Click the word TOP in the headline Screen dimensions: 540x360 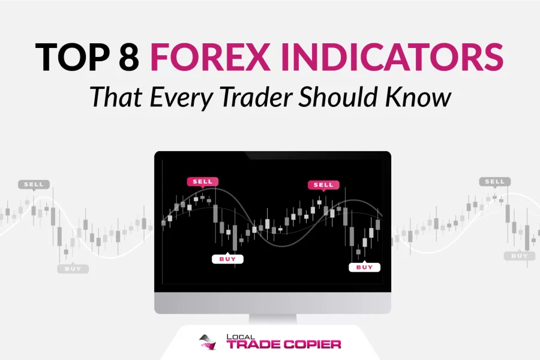coord(73,57)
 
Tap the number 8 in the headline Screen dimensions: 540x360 coord(129,57)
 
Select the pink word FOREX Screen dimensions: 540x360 coord(210,57)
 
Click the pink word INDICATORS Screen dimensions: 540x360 coord(392,57)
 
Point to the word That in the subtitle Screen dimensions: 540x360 coord(116,97)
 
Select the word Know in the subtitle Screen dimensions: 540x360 coord(418,97)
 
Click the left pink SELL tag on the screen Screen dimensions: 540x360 coord(203,182)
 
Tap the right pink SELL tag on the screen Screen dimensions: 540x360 coord(323,185)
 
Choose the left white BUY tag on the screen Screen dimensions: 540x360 coord(227,259)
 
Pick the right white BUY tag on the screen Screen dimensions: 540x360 coord(364,267)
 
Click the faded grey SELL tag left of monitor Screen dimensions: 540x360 coord(34,185)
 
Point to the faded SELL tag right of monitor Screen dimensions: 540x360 coord(495,182)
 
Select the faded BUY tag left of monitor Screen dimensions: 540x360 coord(73,269)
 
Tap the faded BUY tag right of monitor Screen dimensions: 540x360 coord(520,256)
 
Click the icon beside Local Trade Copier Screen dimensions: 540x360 coord(209,342)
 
